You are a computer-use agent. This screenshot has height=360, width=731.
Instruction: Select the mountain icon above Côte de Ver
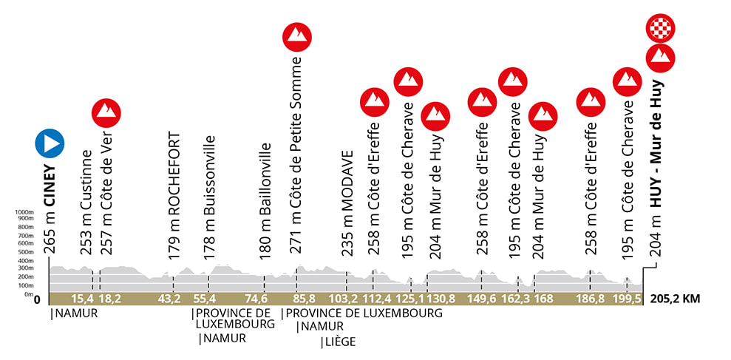point(106,112)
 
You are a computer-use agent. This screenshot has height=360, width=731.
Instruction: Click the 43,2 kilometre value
point(170,299)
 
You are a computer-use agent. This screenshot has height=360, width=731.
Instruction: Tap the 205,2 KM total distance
point(676,299)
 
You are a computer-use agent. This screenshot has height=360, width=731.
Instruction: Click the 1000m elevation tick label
point(25,212)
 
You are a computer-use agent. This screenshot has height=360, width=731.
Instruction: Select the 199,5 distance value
point(628,299)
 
